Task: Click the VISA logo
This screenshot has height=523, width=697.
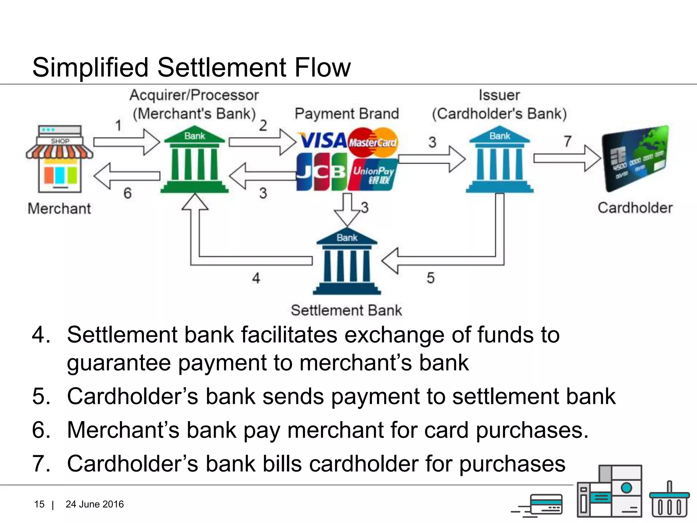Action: coord(323,141)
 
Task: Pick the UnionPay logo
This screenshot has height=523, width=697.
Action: coord(373,174)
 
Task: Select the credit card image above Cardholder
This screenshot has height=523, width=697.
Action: coord(635,158)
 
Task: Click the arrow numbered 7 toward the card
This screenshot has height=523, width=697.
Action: coord(567,158)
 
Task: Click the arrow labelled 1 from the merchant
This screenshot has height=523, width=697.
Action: coord(127,142)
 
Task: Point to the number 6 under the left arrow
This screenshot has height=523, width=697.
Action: coord(127,193)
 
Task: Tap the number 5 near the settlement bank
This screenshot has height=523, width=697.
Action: coord(431,278)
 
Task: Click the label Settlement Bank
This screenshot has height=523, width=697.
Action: coord(346,310)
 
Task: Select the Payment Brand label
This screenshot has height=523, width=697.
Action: coord(346,114)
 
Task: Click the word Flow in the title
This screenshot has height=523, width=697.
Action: coord(322,67)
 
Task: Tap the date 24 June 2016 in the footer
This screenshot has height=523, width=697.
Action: coord(95,504)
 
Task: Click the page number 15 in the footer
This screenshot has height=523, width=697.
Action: coord(39,504)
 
